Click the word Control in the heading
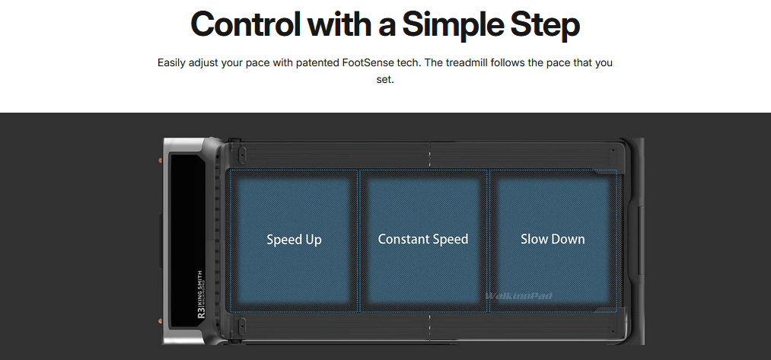pyautogui.click(x=245, y=24)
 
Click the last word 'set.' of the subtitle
pyautogui.click(x=385, y=79)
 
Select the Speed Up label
pyautogui.click(x=294, y=240)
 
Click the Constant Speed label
pyautogui.click(x=423, y=239)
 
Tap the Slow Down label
pyautogui.click(x=553, y=239)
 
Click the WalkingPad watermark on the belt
pyautogui.click(x=519, y=295)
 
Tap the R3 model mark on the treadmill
pyautogui.click(x=201, y=313)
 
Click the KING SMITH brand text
pyautogui.click(x=199, y=288)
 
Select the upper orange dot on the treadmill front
pyautogui.click(x=160, y=161)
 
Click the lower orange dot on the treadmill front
pyautogui.click(x=160, y=321)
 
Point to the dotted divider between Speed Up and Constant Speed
pyautogui.click(x=358, y=241)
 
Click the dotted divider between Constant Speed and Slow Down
pyautogui.click(x=488, y=241)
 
